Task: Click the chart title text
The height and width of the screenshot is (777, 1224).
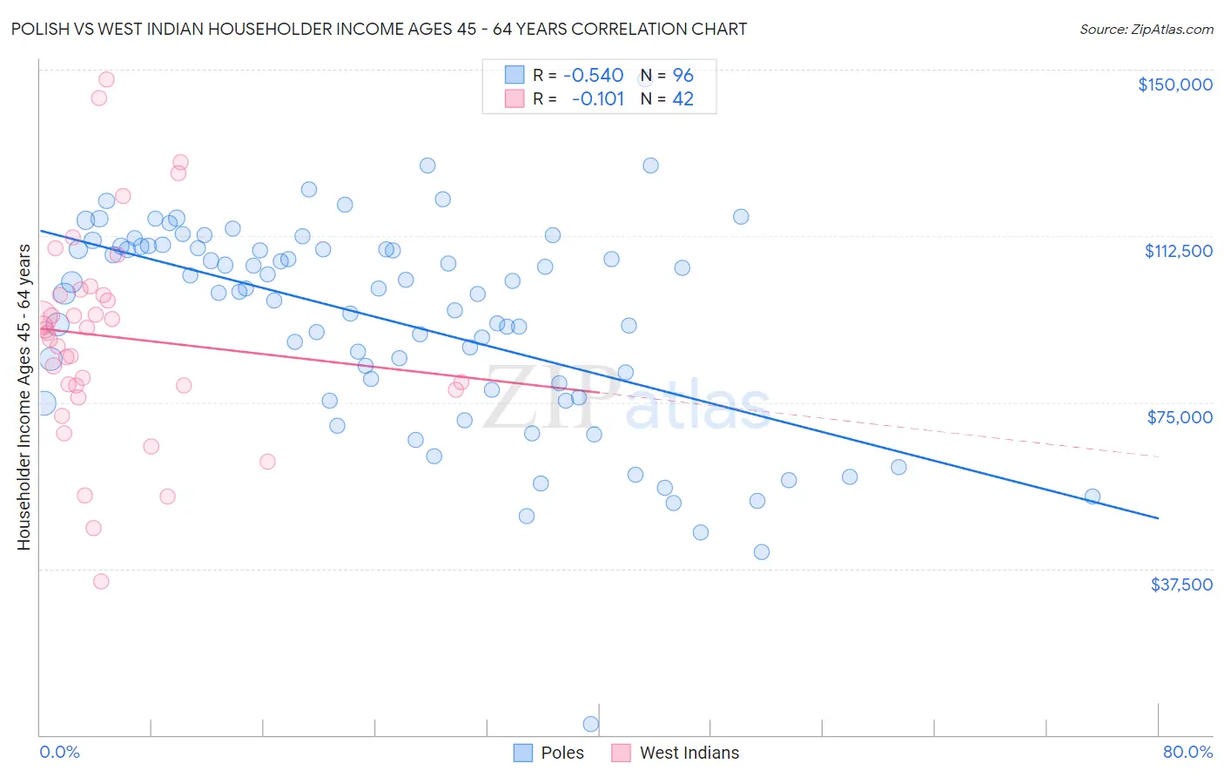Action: click(x=379, y=29)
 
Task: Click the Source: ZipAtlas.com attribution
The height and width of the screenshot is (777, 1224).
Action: click(x=1146, y=29)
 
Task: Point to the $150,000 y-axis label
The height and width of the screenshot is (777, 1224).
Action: click(x=1174, y=84)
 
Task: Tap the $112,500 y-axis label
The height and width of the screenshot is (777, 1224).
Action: click(x=1178, y=251)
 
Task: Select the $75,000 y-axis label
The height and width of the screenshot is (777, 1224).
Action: click(x=1180, y=417)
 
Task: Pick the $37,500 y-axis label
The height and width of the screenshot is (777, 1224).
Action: click(x=1180, y=584)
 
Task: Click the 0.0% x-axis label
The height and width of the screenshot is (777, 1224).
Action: click(x=59, y=752)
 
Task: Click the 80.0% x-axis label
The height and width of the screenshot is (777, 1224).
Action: click(x=1187, y=752)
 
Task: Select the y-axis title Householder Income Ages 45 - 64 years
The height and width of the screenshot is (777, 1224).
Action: click(x=24, y=397)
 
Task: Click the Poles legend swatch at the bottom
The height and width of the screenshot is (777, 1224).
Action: click(x=522, y=753)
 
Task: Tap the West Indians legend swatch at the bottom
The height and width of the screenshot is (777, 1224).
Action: click(x=621, y=753)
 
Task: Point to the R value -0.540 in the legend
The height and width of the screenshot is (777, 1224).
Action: click(x=593, y=75)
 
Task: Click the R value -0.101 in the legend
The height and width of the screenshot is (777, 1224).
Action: click(x=597, y=98)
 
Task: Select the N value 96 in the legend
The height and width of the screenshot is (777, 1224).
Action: click(x=683, y=75)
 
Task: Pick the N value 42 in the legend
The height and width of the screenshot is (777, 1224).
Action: click(x=683, y=98)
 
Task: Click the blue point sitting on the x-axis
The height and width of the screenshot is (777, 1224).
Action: click(x=590, y=724)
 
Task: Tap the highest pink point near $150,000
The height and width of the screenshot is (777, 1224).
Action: click(x=106, y=79)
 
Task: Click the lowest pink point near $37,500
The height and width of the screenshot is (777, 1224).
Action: click(x=101, y=581)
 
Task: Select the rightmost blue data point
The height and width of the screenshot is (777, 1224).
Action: click(x=1092, y=497)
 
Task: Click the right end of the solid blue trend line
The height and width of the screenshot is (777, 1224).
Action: click(x=1158, y=518)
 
